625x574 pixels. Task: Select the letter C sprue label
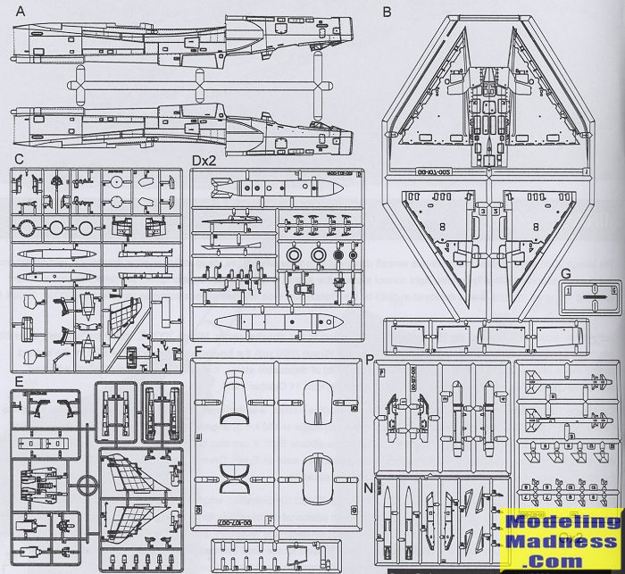point(19,158)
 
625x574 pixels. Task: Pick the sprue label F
point(198,351)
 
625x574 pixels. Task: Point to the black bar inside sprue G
point(589,292)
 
